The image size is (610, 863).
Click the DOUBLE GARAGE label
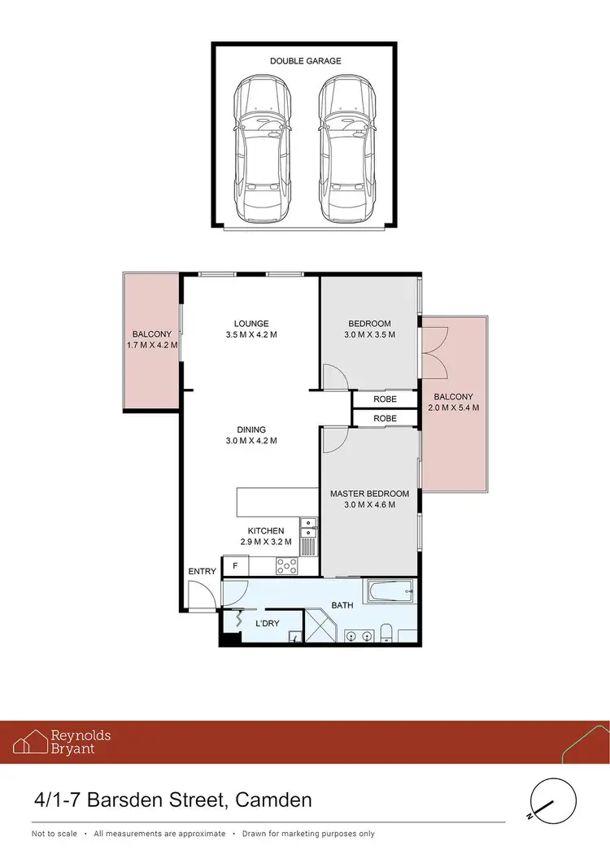pyautogui.click(x=307, y=60)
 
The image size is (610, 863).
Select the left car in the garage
pyautogui.click(x=264, y=150)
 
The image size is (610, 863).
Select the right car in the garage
pyautogui.click(x=348, y=150)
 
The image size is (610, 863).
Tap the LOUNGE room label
pyautogui.click(x=250, y=323)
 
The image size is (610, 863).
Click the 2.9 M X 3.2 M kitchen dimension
pyautogui.click(x=265, y=542)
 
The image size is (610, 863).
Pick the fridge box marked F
pyautogui.click(x=236, y=565)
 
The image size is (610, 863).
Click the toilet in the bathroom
pyautogui.click(x=388, y=633)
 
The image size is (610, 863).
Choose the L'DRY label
pyautogui.click(x=268, y=624)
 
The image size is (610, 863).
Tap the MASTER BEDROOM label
pyautogui.click(x=363, y=494)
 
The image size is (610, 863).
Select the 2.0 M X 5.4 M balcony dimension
pyautogui.click(x=453, y=408)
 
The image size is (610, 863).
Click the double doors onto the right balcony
pyautogui.click(x=434, y=351)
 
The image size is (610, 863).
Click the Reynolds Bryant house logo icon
pyautogui.click(x=29, y=742)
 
